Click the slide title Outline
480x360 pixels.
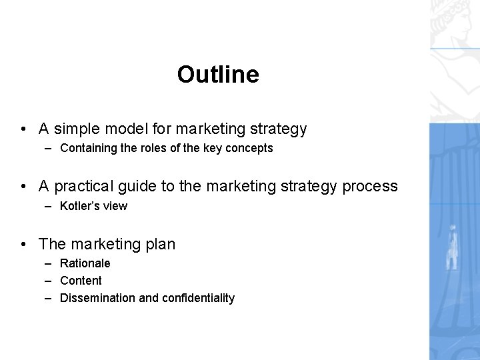tap(218, 75)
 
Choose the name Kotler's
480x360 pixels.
tap(79, 206)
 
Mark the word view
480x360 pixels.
tap(114, 206)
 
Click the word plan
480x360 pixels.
tap(161, 244)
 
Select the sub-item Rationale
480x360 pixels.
tap(85, 263)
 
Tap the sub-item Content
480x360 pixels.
tap(81, 281)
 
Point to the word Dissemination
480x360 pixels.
tap(97, 298)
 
